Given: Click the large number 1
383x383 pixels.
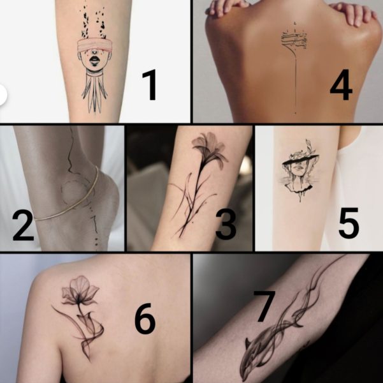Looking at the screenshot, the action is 150,85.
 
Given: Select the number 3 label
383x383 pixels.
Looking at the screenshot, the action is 226,225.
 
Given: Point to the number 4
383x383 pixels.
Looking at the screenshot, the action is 341,85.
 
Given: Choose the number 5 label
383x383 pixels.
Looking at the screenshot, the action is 349,222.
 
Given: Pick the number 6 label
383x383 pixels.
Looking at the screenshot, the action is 145,319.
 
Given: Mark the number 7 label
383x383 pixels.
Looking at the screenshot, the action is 264,306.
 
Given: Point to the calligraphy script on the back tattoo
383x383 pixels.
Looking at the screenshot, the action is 294,39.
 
